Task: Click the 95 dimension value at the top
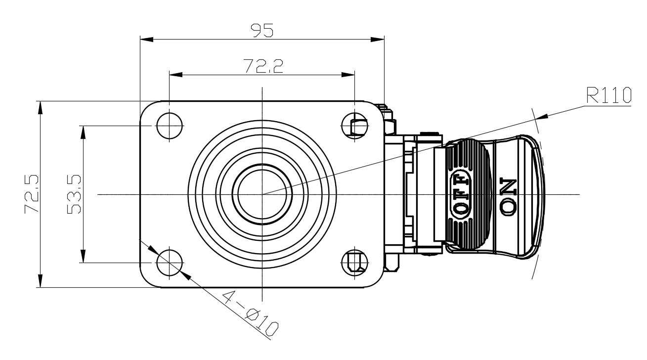pyautogui.click(x=261, y=31)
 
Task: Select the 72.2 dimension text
pyautogui.click(x=263, y=66)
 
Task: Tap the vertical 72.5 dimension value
pyautogui.click(x=32, y=193)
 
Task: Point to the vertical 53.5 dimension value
pyautogui.click(x=74, y=194)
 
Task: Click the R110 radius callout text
pyautogui.click(x=609, y=95)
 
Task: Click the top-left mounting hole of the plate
pyautogui.click(x=170, y=126)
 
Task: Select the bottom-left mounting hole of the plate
pyautogui.click(x=170, y=263)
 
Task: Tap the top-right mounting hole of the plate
pyautogui.click(x=355, y=126)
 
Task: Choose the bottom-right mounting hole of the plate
pyautogui.click(x=355, y=263)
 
